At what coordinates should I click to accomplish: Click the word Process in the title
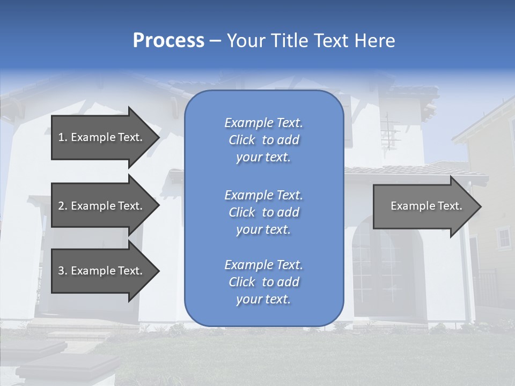point(168,41)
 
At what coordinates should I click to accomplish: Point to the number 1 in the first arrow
point(61,137)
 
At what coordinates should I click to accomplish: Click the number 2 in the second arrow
point(61,206)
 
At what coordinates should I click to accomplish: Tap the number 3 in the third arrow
point(61,271)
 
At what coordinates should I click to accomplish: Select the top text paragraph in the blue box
point(263,140)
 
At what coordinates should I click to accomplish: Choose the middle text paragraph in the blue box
point(263,212)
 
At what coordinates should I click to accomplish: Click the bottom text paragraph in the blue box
point(263,282)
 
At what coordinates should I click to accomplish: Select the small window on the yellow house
point(504,237)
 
